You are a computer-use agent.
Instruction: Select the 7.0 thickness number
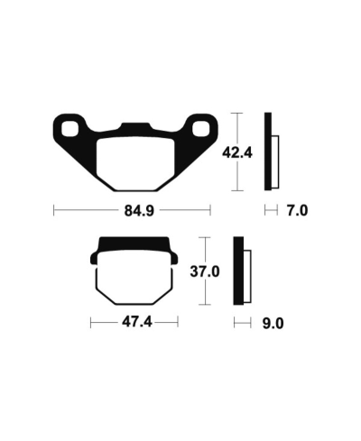point(297,212)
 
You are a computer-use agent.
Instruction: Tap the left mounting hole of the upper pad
point(67,125)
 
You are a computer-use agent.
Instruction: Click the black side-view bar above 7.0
point(268,151)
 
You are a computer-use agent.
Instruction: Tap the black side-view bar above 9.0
point(238,271)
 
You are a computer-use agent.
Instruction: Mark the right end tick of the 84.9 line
point(210,212)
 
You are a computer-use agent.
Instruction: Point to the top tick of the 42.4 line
point(236,113)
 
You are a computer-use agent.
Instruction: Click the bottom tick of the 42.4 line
point(236,190)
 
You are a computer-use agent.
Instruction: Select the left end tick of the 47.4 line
point(90,322)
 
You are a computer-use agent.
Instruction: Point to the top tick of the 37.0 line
point(207,237)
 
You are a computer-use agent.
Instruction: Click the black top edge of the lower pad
point(135,243)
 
